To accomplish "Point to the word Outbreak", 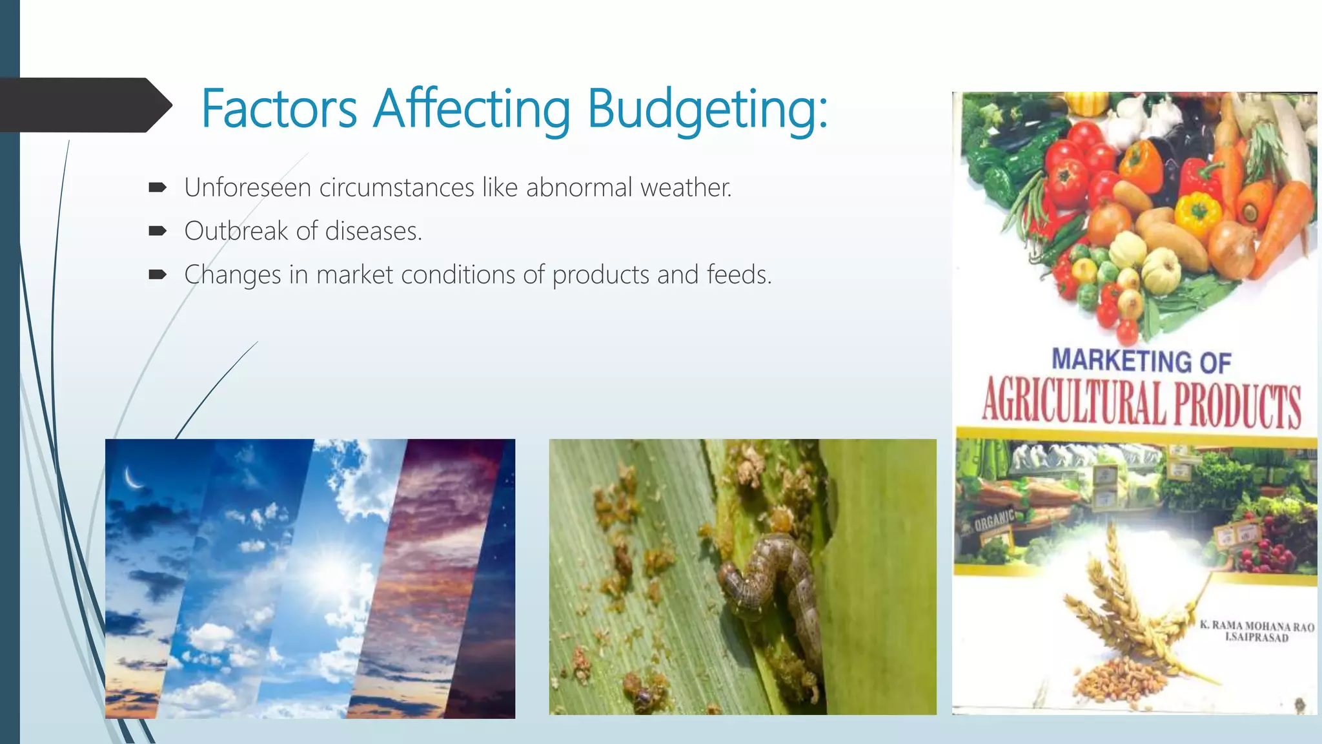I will coord(236,231).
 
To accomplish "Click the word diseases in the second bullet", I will coord(373,231).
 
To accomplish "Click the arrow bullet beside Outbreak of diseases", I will coord(158,231).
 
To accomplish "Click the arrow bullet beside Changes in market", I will coord(158,274).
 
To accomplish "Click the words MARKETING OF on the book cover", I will coord(1141,360).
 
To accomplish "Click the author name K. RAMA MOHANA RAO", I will coord(1256,626).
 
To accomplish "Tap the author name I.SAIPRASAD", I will coord(1256,637).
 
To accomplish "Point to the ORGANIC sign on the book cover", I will coord(994,519).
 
